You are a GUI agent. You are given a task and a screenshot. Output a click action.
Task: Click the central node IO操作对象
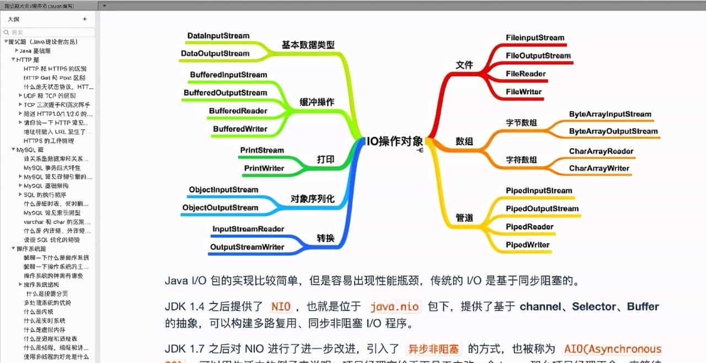coord(395,141)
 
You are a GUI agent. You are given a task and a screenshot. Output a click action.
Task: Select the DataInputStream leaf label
coord(218,36)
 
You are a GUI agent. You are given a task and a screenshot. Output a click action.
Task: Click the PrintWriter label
coord(264,168)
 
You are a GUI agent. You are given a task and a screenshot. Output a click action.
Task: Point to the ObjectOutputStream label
coord(220,207)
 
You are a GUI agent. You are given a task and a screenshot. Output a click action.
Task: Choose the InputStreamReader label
coord(248,229)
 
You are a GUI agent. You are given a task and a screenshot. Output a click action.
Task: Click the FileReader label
coord(526,73)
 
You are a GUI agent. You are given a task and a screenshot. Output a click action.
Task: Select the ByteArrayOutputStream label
coord(613,131)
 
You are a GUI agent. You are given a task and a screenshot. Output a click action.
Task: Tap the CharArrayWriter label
coord(599,168)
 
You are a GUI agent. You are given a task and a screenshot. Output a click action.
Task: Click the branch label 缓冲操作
coord(317,102)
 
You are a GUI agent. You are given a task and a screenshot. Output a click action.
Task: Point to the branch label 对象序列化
coord(312,199)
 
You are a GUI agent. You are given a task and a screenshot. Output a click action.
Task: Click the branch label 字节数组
coord(521,123)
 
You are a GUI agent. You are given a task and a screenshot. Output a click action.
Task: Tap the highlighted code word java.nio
coord(394,307)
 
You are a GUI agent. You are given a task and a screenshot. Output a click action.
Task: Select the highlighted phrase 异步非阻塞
coord(433,349)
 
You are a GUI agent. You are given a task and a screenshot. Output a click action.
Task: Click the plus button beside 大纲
coord(84,19)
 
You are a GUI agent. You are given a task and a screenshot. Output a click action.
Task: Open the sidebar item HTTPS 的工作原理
coord(49,141)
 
